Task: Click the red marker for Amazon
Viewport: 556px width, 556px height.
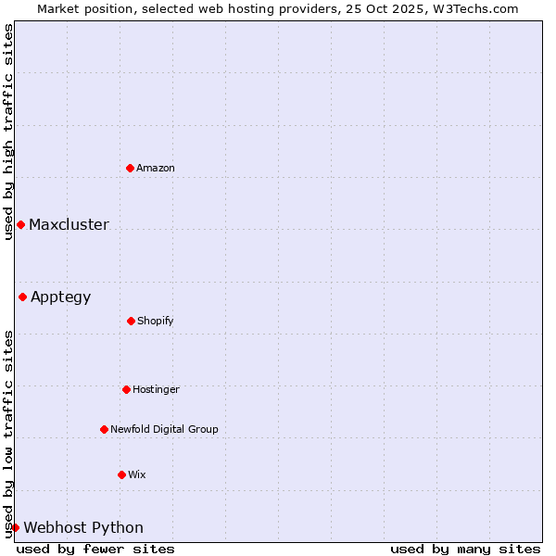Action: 130,168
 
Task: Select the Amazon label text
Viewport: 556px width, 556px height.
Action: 156,168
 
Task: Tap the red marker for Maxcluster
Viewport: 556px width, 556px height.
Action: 20,224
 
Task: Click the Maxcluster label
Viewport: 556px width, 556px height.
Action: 69,224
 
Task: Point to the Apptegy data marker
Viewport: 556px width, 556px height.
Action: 22,297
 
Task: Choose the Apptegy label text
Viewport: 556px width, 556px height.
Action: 61,297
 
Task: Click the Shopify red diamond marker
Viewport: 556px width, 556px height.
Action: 131,321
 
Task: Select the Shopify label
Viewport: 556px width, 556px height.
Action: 156,321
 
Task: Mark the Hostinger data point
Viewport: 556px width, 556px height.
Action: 126,389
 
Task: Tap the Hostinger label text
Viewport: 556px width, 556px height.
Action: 156,389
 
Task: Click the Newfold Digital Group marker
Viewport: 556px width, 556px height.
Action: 104,429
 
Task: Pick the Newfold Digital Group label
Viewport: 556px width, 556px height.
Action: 164,429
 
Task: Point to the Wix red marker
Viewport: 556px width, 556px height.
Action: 121,474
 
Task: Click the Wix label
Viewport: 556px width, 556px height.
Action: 137,474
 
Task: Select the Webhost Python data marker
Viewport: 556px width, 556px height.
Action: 15,527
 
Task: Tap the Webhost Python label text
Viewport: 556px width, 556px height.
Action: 83,527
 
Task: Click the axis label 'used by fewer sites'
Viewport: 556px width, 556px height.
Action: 95,549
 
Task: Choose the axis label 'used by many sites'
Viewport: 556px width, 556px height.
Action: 465,549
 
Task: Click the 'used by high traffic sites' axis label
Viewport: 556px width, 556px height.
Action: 8,132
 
